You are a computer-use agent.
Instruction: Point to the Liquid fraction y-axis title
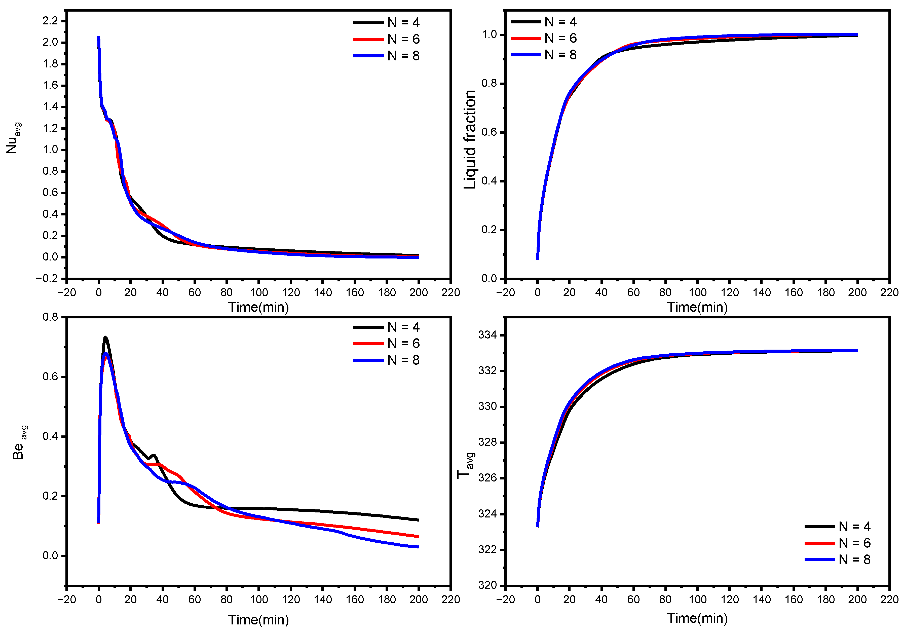470,139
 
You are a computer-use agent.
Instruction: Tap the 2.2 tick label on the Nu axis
50,21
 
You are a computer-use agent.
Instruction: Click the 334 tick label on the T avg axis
487,335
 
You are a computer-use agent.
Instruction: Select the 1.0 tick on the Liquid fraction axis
490,34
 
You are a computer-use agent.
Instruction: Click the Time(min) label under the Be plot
258,620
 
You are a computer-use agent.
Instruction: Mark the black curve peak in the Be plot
105,337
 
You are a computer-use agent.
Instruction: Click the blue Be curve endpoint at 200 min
418,547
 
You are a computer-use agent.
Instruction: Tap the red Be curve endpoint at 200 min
418,536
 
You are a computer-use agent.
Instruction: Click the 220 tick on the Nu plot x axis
450,292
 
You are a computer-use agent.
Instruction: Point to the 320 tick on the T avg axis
487,585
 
